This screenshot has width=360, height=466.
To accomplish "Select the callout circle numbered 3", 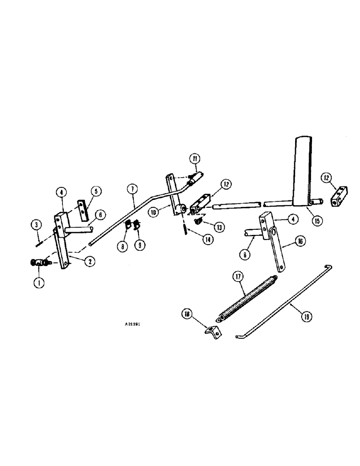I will [36, 225].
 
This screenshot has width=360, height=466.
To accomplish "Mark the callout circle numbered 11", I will [194, 159].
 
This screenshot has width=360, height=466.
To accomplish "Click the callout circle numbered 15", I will [317, 221].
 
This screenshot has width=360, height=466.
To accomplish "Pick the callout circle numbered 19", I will [306, 316].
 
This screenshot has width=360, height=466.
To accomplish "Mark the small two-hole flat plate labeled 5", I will [82, 210].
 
